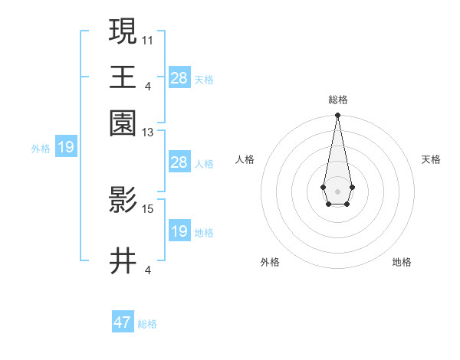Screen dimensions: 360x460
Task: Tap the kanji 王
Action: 123,77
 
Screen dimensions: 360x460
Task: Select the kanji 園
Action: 123,123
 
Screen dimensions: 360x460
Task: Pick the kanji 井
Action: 123,261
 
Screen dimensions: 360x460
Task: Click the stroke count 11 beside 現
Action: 148,38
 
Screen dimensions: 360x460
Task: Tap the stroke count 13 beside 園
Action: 148,133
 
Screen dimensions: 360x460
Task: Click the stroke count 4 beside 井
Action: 148,270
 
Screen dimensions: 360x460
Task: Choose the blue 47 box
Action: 123,322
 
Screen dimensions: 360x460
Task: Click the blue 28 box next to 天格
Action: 179,78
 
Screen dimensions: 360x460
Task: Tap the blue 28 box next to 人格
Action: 179,162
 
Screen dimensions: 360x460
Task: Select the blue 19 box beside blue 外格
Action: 65,148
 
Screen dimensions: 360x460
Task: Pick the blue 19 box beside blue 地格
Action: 179,231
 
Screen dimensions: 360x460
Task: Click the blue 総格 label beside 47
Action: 148,324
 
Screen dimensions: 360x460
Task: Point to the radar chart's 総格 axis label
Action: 337,100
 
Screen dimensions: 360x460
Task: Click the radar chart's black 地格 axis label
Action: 402,262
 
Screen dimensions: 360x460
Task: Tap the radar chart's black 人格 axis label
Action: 245,159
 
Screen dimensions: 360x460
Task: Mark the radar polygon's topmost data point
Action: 337,116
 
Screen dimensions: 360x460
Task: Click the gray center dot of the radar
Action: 337,191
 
